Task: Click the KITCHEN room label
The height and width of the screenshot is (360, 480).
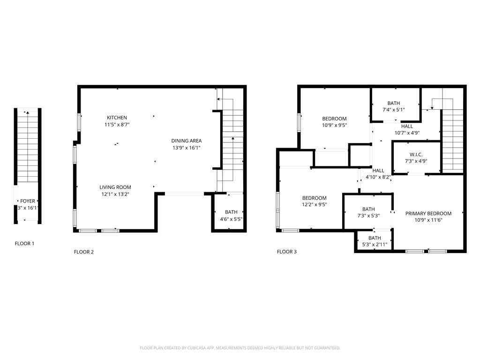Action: [x=117, y=118]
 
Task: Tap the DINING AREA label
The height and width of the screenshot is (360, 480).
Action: [x=186, y=141]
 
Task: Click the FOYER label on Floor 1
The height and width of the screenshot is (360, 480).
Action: [x=27, y=201]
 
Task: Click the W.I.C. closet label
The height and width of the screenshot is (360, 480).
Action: [x=416, y=154]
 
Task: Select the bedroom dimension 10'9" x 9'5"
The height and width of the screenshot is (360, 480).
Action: [x=334, y=125]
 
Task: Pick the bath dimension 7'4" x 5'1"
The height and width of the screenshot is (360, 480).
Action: [x=393, y=110]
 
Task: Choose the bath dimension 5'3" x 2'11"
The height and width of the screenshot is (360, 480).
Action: [x=374, y=244]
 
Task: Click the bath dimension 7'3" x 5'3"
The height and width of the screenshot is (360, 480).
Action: [x=368, y=216]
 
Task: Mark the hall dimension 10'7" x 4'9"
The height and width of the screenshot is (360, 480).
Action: [x=407, y=133]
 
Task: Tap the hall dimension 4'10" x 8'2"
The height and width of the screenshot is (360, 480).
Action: [x=378, y=177]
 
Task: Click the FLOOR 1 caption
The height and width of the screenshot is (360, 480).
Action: [x=24, y=244]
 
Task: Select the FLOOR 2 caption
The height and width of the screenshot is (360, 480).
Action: [x=84, y=252]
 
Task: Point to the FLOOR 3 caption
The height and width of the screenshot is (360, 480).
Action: [x=286, y=252]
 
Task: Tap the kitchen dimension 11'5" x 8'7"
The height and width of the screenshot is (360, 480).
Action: [x=117, y=125]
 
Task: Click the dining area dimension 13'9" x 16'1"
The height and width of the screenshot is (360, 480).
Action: [x=186, y=148]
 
